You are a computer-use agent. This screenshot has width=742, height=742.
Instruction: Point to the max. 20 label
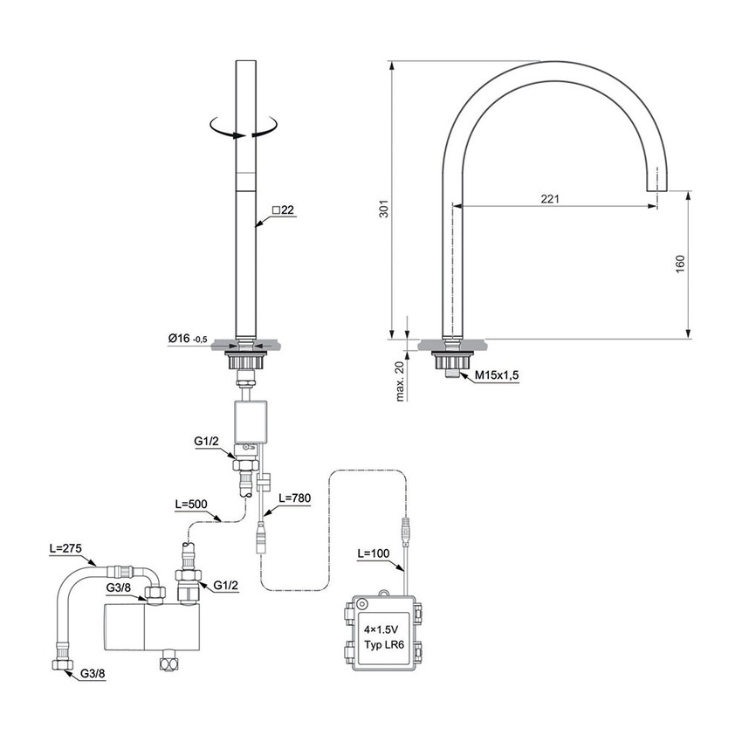click(400, 379)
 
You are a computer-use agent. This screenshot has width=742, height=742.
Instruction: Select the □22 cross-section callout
click(285, 210)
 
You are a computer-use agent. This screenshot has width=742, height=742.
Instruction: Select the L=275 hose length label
click(65, 550)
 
